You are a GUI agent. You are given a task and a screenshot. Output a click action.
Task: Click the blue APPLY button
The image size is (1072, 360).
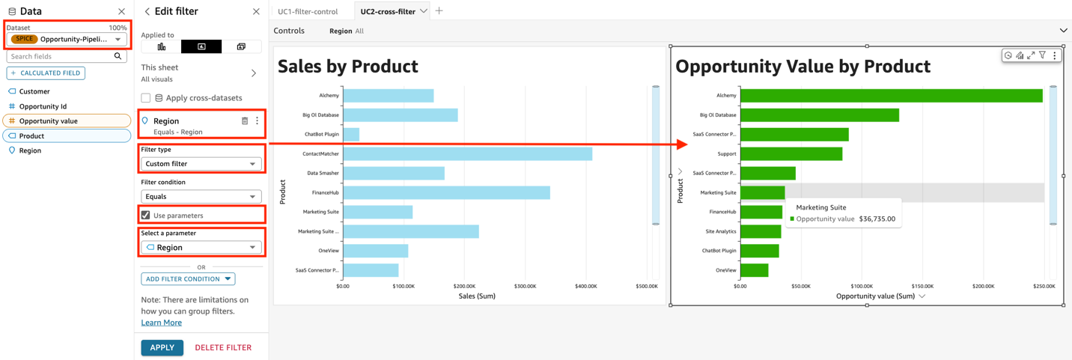point(162,347)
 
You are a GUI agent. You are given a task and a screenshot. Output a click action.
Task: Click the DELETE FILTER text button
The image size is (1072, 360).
point(223,347)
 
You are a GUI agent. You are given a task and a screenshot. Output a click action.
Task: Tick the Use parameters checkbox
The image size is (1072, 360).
point(146,216)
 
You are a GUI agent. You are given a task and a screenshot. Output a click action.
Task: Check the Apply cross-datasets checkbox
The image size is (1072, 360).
point(146,98)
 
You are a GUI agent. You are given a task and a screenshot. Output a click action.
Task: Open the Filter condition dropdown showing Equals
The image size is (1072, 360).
point(201,197)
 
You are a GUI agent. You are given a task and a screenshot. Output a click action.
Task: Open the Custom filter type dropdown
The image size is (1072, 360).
point(201,164)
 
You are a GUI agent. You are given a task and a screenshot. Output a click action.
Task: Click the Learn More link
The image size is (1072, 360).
point(161,323)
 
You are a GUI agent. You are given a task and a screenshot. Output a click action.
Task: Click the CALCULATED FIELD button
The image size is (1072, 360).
point(46,73)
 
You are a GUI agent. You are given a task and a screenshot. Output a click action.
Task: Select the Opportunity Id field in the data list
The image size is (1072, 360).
point(43,106)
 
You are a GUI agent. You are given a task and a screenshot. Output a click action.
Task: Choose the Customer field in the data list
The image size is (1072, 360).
point(34,91)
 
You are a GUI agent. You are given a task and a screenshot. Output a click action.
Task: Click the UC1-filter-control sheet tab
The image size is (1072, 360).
point(308,11)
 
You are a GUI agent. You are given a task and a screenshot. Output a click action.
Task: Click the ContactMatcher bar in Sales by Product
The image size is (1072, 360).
point(466,153)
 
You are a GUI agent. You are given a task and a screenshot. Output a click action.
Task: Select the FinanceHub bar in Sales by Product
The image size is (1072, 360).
point(445,192)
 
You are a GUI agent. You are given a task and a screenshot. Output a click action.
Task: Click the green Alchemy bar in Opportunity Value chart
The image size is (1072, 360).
point(891,95)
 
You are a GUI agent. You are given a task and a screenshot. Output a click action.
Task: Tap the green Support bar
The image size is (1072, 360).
point(791,153)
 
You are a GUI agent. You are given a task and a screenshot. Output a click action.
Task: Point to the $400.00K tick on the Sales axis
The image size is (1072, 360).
point(585,286)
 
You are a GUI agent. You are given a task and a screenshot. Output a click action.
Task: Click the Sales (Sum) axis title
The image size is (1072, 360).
point(477,296)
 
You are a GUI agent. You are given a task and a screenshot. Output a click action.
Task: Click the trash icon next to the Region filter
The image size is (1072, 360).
point(245,120)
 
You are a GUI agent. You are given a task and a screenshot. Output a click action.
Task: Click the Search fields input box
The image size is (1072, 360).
point(60,57)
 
